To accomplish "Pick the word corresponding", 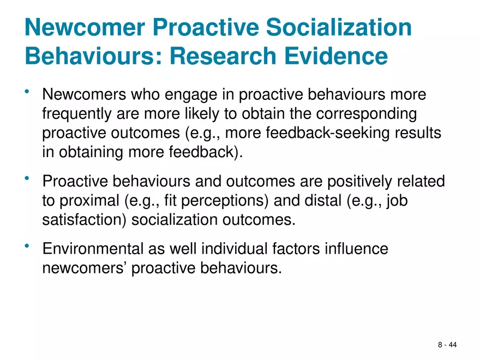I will tap(362, 115).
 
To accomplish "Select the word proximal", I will tap(87, 200).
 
